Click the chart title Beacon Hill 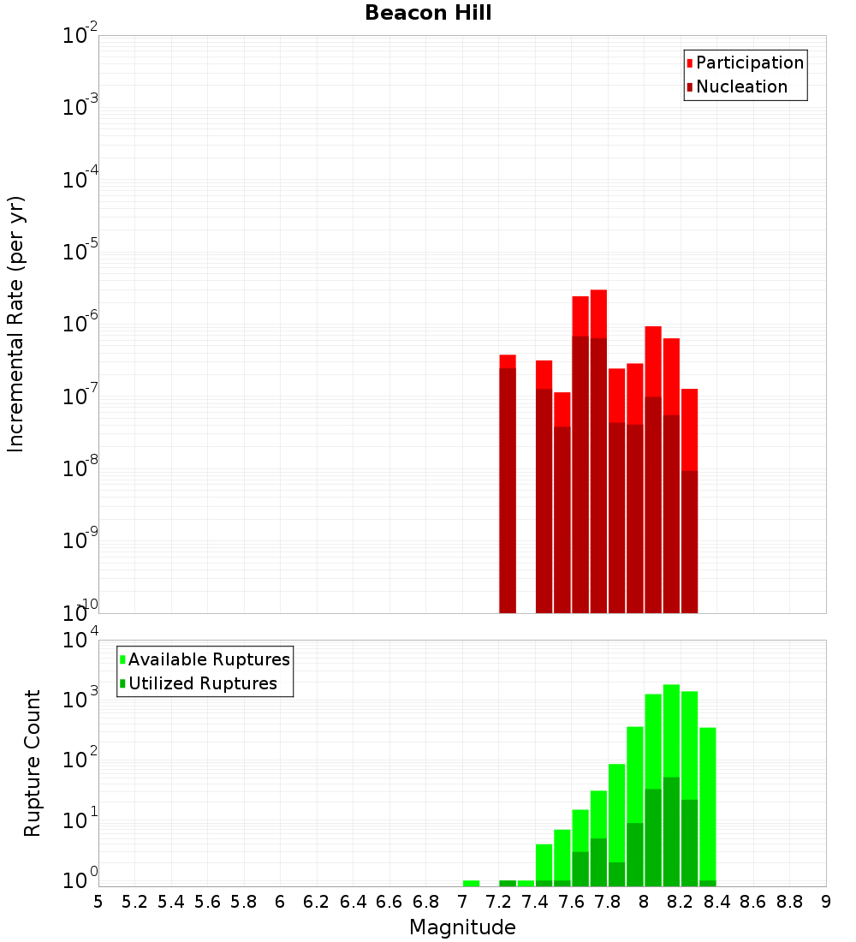click(428, 14)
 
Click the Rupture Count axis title click(33, 763)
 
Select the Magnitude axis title click(462, 927)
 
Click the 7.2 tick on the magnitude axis click(498, 902)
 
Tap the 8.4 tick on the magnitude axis click(716, 902)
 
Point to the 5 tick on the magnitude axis click(98, 902)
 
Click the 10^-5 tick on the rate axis click(80, 253)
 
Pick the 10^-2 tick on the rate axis click(80, 36)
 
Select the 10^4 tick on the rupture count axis click(82, 641)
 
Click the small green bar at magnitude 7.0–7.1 click(471, 883)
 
